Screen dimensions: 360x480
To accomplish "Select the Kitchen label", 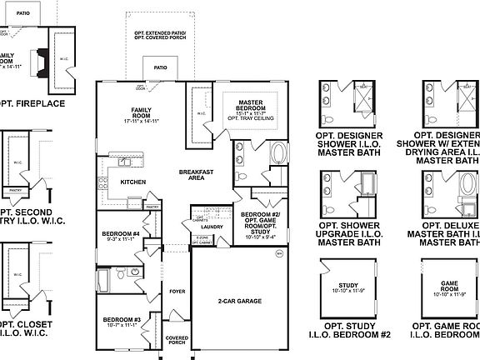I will pyautogui.click(x=134, y=181).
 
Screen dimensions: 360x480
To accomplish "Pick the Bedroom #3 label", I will pyautogui.click(x=121, y=320).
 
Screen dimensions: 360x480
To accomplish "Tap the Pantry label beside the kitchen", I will pyautogui.click(x=152, y=206).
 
